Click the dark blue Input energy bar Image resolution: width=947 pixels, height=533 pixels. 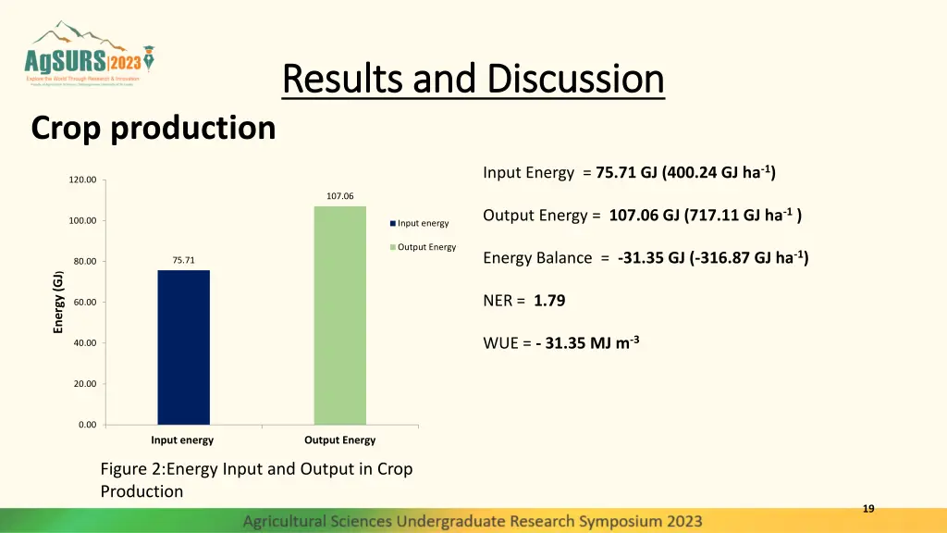pos(183,347)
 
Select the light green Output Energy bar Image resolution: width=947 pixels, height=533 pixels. pos(339,315)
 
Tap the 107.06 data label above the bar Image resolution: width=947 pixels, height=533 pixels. pos(339,196)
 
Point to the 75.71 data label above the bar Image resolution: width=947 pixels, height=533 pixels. pos(183,260)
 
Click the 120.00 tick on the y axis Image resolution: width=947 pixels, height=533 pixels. pos(82,180)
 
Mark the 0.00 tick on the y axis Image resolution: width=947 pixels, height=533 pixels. pos(86,425)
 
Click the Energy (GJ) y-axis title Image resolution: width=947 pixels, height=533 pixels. pos(58,302)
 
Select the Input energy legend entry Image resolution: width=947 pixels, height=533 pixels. pos(422,223)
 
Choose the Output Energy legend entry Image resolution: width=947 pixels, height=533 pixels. pos(425,247)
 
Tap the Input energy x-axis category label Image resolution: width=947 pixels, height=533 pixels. pos(182,440)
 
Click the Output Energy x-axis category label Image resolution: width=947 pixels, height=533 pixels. pos(339,440)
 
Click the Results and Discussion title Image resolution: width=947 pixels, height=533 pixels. pos(473,80)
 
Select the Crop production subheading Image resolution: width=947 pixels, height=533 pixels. pos(154,128)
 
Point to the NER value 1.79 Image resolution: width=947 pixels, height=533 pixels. pos(549,301)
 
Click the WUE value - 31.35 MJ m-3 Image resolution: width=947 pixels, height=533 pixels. pos(587,343)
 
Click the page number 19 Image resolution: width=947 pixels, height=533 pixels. pos(867,508)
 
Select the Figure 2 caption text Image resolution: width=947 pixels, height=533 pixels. pos(256,479)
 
